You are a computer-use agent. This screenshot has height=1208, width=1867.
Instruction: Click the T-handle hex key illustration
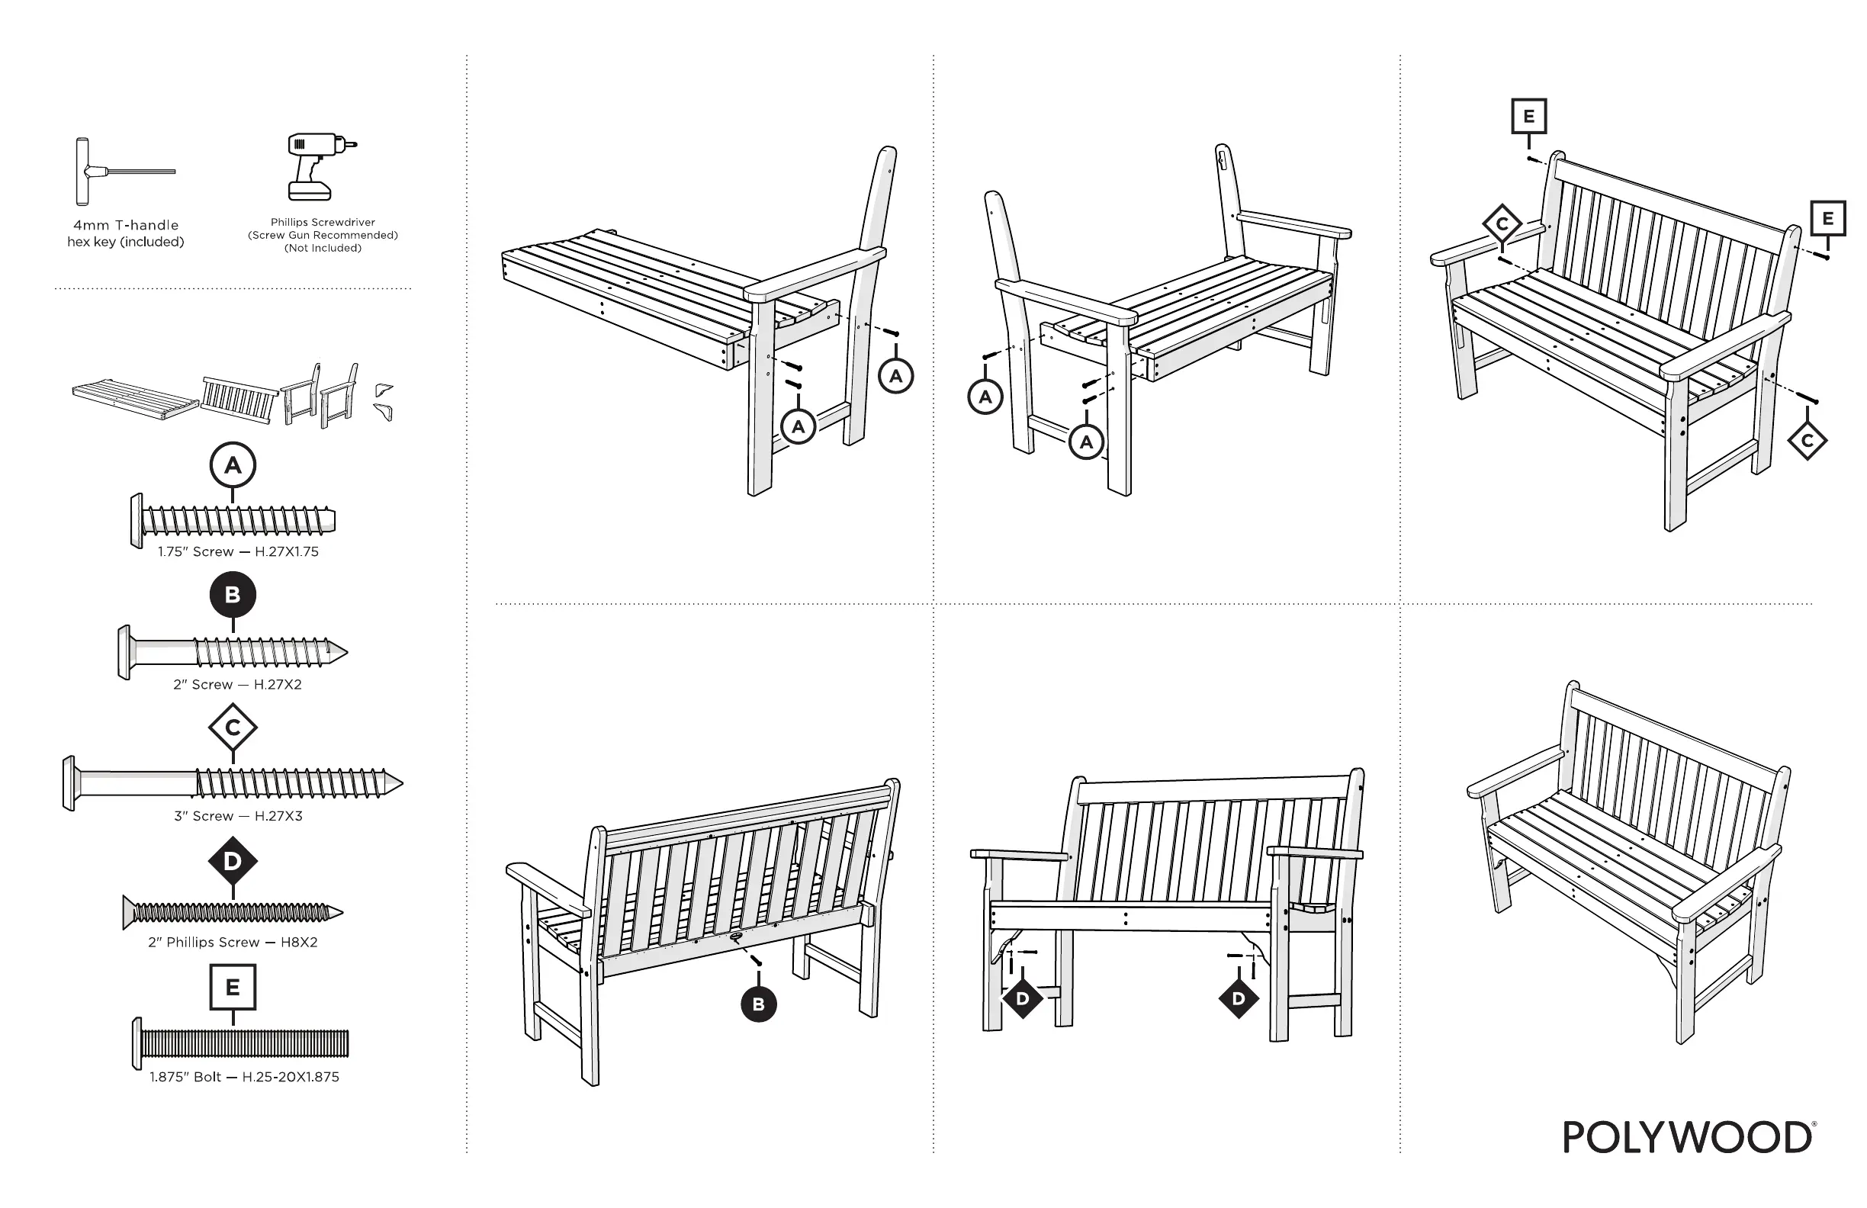[x=117, y=171]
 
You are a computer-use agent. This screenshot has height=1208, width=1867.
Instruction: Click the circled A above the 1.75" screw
[x=233, y=465]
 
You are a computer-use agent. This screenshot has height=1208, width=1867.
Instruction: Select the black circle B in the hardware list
[x=233, y=595]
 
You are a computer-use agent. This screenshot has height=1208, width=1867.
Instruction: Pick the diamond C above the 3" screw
[x=233, y=728]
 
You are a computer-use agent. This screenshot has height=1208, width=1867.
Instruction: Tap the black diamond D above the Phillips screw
[x=233, y=861]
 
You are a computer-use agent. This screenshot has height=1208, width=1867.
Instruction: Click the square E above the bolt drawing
[x=233, y=987]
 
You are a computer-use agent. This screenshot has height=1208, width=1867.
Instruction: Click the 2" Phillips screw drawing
[x=233, y=912]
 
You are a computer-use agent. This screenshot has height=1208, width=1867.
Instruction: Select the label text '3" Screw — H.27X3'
[x=238, y=816]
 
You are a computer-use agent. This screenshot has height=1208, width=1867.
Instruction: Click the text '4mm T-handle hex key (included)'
[x=126, y=233]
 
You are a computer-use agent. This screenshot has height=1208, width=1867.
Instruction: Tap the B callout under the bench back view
[x=759, y=1004]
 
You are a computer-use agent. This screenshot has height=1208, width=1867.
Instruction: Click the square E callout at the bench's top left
[x=1529, y=117]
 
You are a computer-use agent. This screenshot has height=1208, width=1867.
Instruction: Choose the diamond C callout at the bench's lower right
[x=1808, y=441]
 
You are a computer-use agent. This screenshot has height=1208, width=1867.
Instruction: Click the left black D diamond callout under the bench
[x=1022, y=998]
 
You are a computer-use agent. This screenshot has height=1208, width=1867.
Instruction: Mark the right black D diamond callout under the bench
[x=1239, y=998]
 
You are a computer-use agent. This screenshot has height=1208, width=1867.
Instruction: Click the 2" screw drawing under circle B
[x=233, y=652]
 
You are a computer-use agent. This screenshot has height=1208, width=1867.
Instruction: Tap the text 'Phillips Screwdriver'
[x=323, y=222]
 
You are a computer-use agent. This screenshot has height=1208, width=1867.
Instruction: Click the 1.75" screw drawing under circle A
[x=233, y=520]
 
